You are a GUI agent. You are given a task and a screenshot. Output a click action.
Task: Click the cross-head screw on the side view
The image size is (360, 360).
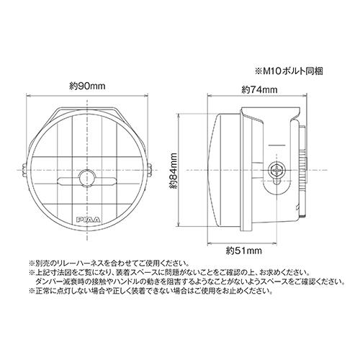pyautogui.click(x=275, y=171)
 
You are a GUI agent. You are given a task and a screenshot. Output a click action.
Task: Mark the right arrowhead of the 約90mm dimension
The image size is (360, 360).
pyautogui.click(x=152, y=94)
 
